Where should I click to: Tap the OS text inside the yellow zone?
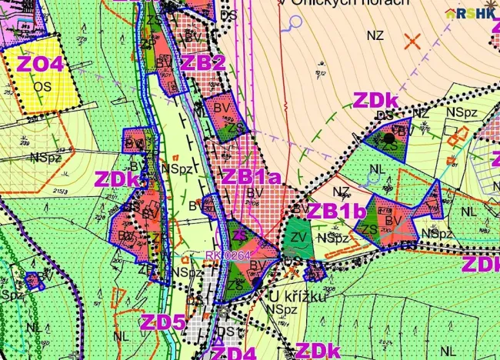pyautogui.click(x=42, y=85)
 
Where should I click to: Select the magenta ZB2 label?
pyautogui.click(x=203, y=62)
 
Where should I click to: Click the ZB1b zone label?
pyautogui.click(x=335, y=211)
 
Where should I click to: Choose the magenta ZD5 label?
pyautogui.click(x=162, y=322)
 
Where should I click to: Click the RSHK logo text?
pyautogui.click(x=477, y=13)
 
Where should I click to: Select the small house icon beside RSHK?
pyautogui.click(x=452, y=13)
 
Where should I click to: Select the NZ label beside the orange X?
pyautogui.click(x=375, y=35)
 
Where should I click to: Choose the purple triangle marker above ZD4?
pyautogui.click(x=223, y=315)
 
